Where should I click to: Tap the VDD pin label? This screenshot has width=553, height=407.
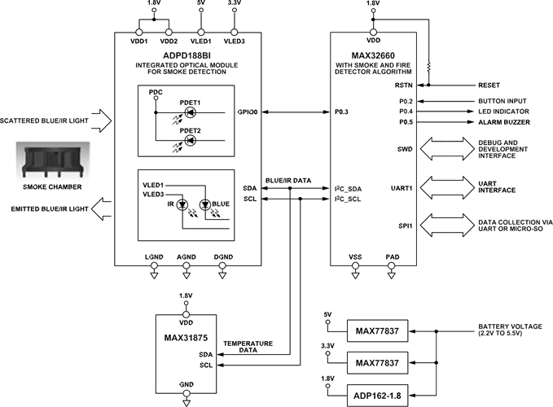tap(374, 40)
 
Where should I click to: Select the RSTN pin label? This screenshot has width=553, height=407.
tap(404, 85)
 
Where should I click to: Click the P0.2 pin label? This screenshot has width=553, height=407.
tap(406, 101)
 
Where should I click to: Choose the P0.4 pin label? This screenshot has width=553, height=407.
tap(406, 112)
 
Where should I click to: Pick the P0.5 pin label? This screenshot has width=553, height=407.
tap(406, 122)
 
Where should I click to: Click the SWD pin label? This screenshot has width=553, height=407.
tap(405, 149)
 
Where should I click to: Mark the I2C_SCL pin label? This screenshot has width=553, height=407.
tap(348, 199)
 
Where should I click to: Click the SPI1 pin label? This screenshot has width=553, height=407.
tap(405, 225)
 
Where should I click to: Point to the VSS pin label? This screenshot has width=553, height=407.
tap(355, 257)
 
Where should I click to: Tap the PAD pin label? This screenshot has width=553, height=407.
tap(393, 257)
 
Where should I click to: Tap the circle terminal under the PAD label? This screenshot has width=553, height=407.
tap(393, 265)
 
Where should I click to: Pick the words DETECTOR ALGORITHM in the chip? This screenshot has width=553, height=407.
tap(374, 72)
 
